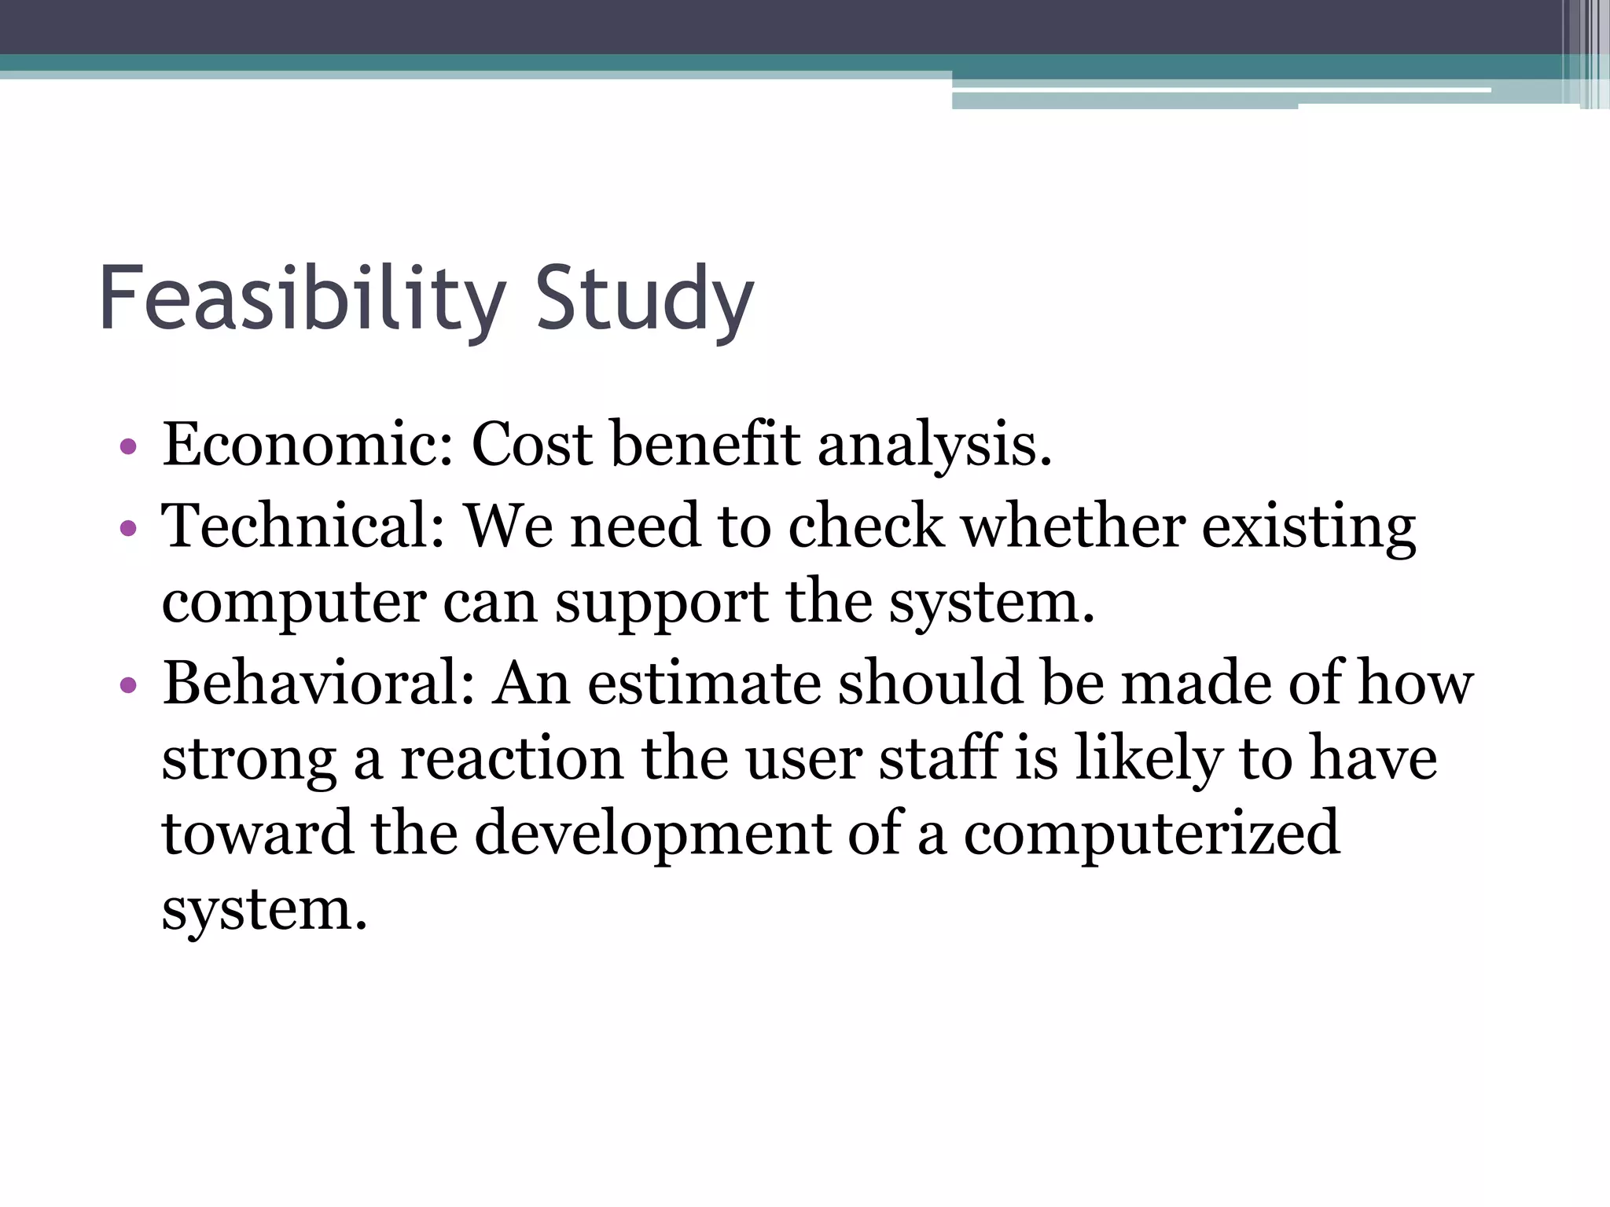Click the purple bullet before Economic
(128, 448)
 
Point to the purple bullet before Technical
(128, 528)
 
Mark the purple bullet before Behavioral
(128, 685)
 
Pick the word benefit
(705, 445)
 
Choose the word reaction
(512, 759)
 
